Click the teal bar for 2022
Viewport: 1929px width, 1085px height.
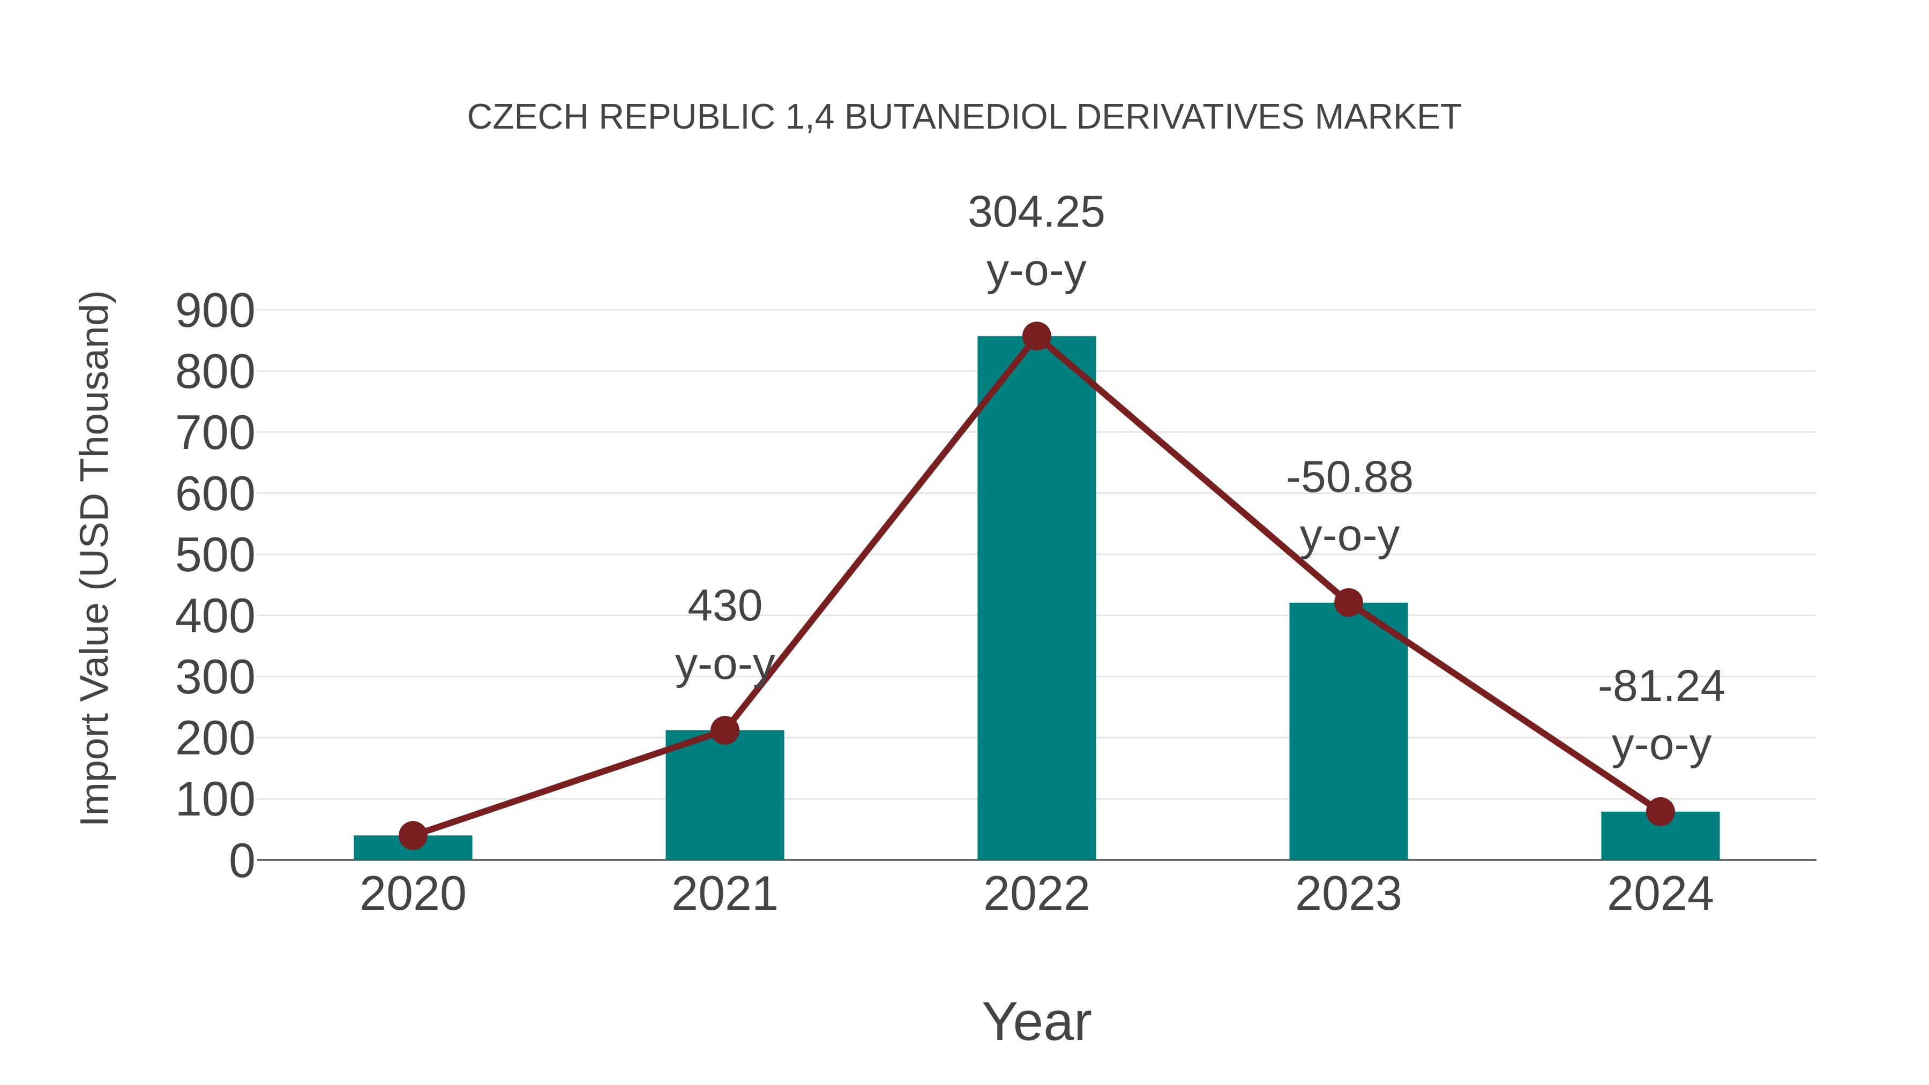tap(1036, 599)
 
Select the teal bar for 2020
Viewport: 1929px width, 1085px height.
tap(413, 848)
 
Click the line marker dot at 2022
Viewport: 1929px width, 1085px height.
tap(1036, 336)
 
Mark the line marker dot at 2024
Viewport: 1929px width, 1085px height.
tap(1660, 811)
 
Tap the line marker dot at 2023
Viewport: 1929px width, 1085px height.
tap(1348, 602)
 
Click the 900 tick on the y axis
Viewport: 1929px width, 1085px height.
tap(215, 311)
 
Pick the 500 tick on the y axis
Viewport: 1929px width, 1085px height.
tap(215, 556)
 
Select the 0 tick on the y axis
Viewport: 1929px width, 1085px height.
tap(242, 861)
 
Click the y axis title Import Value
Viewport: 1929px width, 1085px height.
tap(96, 558)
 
